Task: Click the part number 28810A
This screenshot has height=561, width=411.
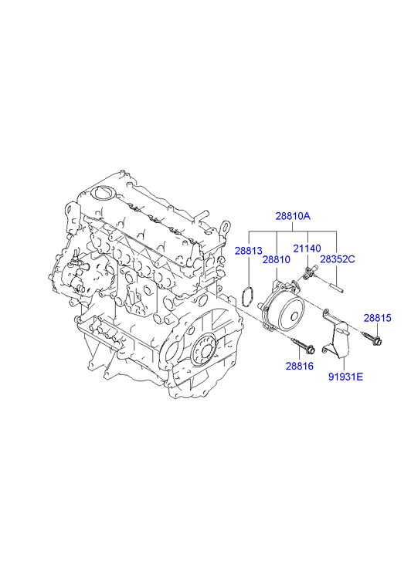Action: click(x=293, y=216)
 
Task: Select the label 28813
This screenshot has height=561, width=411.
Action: click(x=249, y=251)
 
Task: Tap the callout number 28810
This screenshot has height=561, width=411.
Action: click(x=277, y=259)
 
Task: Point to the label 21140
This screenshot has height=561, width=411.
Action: click(x=307, y=248)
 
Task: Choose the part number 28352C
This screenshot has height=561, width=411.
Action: click(x=338, y=259)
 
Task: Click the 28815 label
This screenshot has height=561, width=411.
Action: click(x=378, y=318)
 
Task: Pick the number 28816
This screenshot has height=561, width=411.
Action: click(x=300, y=366)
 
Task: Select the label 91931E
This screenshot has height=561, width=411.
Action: click(x=346, y=377)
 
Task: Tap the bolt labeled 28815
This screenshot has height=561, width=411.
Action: click(x=372, y=340)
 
